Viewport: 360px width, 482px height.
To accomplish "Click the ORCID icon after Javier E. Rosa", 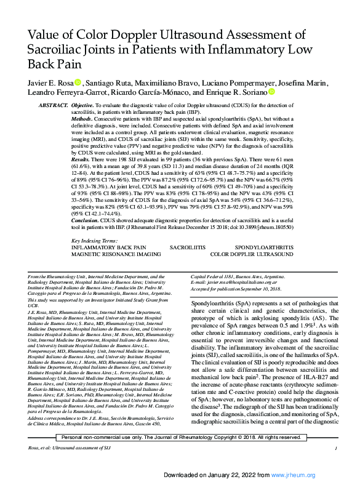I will (x=78, y=82).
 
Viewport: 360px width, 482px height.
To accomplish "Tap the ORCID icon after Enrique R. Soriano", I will (x=271, y=92).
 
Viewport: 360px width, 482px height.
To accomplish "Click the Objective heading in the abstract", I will (x=83, y=106).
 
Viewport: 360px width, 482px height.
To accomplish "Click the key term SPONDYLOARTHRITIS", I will (x=264, y=246).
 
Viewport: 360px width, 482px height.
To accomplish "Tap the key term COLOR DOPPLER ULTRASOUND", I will (x=252, y=253).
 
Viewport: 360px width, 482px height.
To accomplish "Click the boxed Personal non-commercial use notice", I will (x=180, y=437).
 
